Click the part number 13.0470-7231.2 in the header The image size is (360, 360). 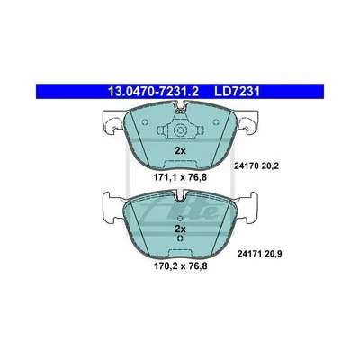(153, 92)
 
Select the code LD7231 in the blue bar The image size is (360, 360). (237, 92)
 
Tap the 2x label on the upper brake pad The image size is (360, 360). (180, 150)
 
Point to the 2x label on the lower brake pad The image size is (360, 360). (180, 229)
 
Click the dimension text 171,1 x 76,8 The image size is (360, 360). (180, 177)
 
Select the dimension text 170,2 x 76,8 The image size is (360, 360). (180, 265)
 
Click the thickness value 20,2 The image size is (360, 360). (270, 166)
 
